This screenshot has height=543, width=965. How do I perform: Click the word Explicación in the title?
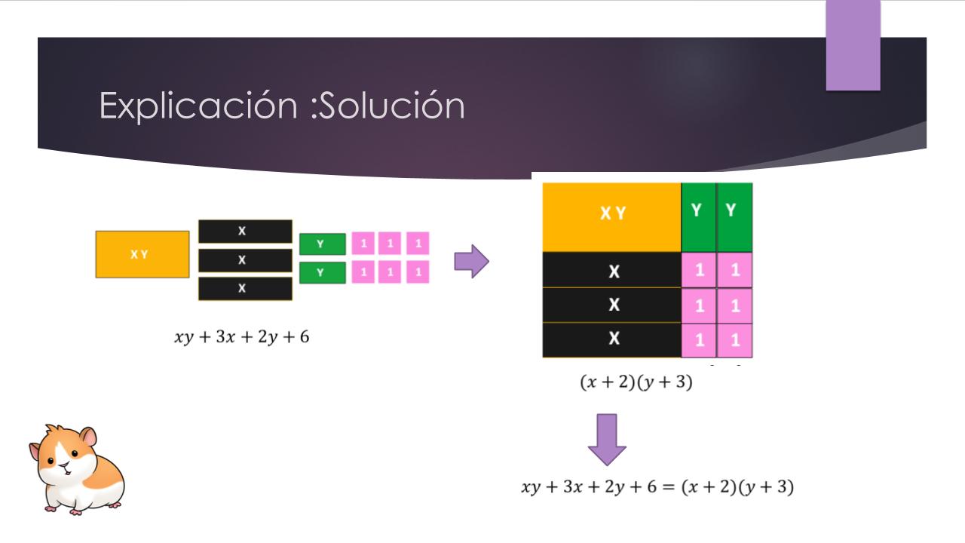[x=198, y=106]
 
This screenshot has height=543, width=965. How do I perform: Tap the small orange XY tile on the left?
[x=142, y=254]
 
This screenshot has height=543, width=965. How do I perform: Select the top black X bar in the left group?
[x=245, y=232]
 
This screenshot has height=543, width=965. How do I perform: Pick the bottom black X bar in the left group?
[x=245, y=288]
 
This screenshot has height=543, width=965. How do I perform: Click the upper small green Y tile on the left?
[x=322, y=244]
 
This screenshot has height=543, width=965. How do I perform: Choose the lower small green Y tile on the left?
[x=322, y=272]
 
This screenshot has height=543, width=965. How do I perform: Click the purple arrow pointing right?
[x=472, y=261]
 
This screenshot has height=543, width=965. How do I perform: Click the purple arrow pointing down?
[x=607, y=440]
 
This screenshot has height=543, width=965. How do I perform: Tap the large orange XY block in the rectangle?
[x=611, y=217]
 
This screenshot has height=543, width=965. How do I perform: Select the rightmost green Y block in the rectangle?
[x=734, y=217]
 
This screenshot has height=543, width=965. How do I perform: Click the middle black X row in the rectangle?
[x=611, y=305]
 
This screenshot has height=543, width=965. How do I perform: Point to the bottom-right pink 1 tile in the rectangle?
[x=734, y=340]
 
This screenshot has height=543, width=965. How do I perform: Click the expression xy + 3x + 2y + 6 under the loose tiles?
[x=242, y=336]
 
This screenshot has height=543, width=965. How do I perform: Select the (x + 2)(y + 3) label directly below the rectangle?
[x=636, y=382]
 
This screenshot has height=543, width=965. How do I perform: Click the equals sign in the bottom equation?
[x=668, y=487]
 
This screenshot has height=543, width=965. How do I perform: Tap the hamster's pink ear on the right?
[x=89, y=437]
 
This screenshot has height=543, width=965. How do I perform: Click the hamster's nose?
[x=64, y=465]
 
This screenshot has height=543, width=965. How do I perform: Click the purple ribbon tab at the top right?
[x=853, y=45]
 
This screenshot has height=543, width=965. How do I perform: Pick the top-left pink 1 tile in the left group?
[x=363, y=244]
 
